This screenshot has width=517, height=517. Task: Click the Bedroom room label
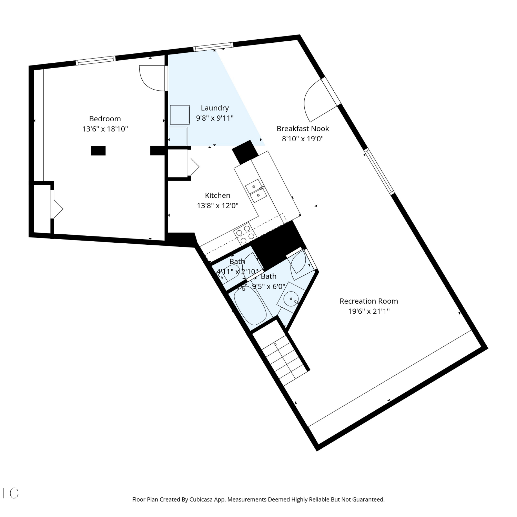[x=105, y=119]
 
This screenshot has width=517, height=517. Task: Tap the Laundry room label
[x=215, y=108]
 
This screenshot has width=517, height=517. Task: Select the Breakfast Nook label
[x=303, y=129]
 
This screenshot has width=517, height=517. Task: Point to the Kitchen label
[x=217, y=195]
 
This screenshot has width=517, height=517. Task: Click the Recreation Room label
[x=369, y=301]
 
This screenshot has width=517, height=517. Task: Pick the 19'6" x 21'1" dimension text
[x=369, y=311]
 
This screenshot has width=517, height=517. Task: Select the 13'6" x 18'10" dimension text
[x=105, y=129]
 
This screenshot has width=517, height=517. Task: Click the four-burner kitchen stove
[x=244, y=233]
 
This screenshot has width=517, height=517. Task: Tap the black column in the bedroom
[x=98, y=151]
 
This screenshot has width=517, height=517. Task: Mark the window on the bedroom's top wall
[x=95, y=60]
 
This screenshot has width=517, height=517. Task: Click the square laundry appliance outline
[x=180, y=115]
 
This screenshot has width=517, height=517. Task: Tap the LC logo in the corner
[x=10, y=493]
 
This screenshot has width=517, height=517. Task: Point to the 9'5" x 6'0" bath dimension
[x=268, y=286]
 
